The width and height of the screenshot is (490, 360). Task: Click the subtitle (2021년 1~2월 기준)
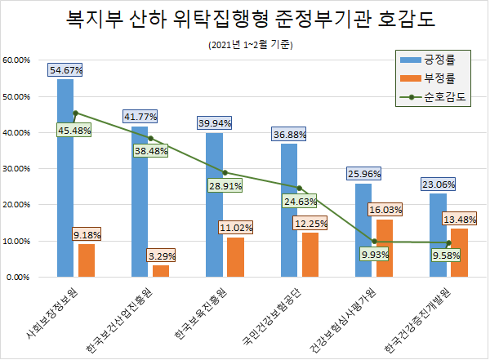point(244,44)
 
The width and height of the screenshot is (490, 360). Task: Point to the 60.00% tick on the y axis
point(17,60)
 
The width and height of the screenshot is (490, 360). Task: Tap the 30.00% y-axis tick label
point(17,169)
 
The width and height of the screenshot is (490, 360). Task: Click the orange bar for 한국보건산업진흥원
point(161,271)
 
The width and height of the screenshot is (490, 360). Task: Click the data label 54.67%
point(66,70)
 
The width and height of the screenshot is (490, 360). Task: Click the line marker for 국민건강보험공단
point(299,188)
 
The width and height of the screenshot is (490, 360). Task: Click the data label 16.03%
point(385,210)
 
